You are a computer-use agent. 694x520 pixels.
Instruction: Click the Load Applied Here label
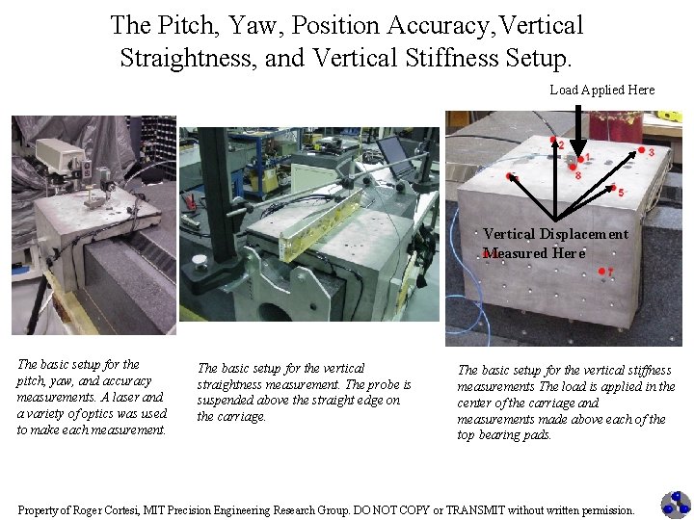click(601, 90)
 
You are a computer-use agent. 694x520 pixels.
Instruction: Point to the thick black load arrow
click(578, 130)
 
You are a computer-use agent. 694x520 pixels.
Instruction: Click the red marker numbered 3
click(641, 150)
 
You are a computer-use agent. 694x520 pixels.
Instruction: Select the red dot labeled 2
click(553, 140)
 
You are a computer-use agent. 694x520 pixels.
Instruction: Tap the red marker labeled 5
click(613, 188)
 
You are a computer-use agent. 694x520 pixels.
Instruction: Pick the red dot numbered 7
click(601, 271)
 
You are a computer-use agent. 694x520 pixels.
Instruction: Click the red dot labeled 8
click(573, 168)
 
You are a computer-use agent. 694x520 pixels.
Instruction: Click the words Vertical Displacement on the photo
click(555, 234)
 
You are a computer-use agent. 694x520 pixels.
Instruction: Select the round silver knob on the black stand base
click(200, 262)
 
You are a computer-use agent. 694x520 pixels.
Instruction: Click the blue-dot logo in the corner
click(676, 505)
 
